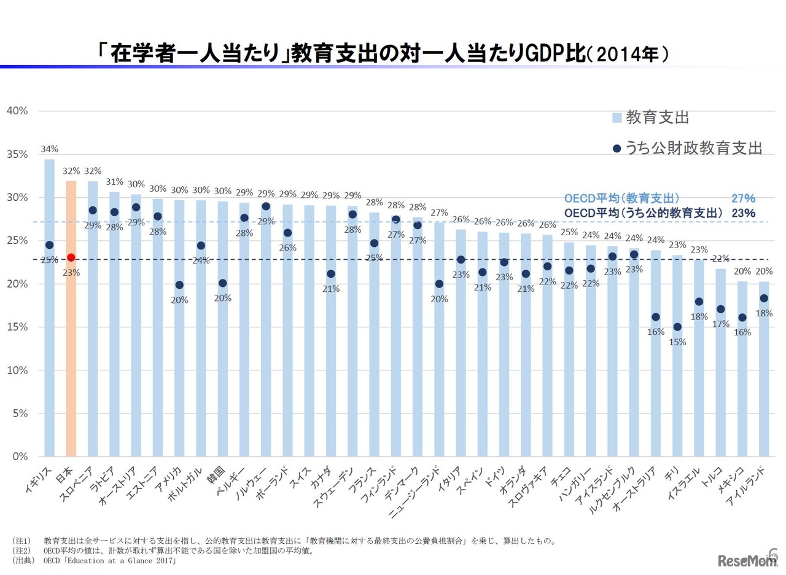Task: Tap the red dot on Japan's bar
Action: (71, 257)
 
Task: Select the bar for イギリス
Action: (49, 344)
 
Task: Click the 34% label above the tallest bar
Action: (50, 149)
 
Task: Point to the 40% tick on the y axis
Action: (17, 111)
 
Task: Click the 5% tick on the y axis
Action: (20, 413)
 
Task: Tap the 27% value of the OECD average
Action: (743, 198)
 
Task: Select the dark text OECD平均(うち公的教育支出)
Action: (642, 213)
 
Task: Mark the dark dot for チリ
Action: (677, 327)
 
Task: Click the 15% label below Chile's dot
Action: (677, 342)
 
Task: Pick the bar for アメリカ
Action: (179, 369)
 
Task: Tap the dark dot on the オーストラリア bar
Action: (656, 317)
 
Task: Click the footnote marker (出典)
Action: (21, 561)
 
